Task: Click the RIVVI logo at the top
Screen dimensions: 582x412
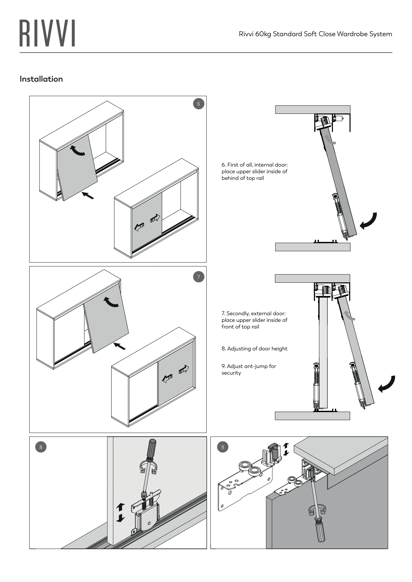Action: [47, 33]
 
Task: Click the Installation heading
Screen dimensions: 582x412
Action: [41, 79]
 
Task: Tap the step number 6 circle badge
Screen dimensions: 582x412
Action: [199, 104]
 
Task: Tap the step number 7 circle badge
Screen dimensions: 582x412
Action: [199, 277]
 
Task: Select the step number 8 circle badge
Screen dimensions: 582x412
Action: [41, 447]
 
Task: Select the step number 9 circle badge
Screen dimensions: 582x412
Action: [223, 447]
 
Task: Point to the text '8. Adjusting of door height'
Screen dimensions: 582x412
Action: [255, 349]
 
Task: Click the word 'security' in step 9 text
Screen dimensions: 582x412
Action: [231, 373]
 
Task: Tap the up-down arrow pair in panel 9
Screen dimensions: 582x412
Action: [286, 449]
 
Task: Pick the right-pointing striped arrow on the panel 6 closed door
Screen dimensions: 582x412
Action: [155, 218]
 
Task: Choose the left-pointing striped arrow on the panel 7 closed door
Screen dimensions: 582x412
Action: [167, 378]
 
